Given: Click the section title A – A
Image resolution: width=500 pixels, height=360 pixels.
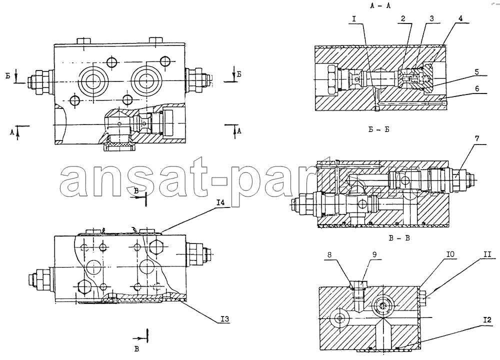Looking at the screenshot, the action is (x=380, y=5).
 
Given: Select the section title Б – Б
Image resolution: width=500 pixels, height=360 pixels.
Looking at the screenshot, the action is (x=378, y=129).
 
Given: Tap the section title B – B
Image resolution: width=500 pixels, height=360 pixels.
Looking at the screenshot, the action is (x=399, y=238).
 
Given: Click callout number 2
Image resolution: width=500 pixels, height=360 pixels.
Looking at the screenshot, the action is (x=403, y=18).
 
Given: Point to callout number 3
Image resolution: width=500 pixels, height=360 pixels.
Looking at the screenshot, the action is (x=431, y=18).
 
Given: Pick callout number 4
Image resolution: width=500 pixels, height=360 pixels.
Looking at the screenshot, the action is (x=460, y=18).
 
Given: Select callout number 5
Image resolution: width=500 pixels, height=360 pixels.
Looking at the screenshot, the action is (x=476, y=71).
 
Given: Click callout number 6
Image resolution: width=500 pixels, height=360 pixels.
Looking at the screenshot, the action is (x=477, y=88).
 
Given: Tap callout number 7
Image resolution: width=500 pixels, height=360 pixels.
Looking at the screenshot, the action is (x=476, y=138).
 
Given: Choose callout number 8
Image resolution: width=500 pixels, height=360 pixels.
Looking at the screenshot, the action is (x=329, y=254).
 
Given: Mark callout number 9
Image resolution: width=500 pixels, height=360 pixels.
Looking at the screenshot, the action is (x=374, y=254).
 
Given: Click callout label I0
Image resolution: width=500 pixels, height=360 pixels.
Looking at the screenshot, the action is (x=450, y=254).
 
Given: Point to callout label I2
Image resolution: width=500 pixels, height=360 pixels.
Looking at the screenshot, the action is (x=487, y=320).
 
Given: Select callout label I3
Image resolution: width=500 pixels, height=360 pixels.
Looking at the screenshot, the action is (x=225, y=319).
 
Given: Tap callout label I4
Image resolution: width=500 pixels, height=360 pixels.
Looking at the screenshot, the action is (x=220, y=202).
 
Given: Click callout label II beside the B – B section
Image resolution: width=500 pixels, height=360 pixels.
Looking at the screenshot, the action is (x=487, y=254).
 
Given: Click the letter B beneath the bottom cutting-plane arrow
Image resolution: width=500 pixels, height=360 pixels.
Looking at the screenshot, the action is (x=136, y=349).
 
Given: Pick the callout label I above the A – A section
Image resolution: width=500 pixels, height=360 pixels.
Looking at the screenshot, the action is (x=354, y=18).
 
